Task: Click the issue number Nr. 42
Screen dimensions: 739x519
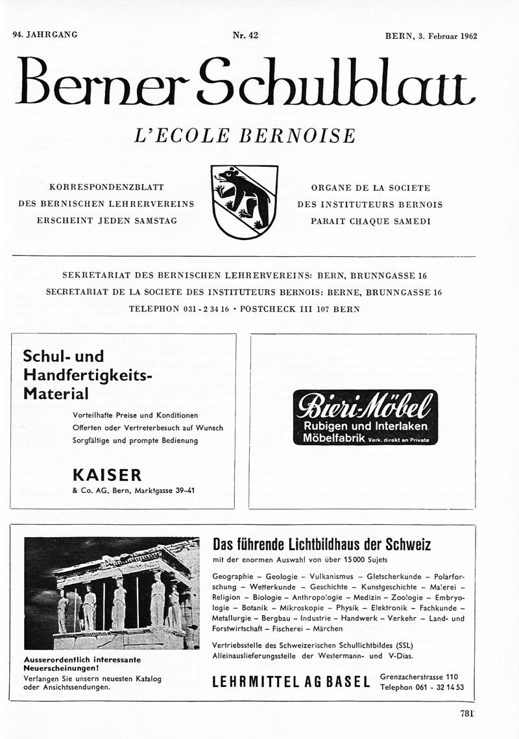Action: [245, 36]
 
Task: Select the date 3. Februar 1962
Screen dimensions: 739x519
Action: [448, 36]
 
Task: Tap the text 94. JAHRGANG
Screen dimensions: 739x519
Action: [45, 35]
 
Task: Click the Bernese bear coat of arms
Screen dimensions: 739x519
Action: [245, 201]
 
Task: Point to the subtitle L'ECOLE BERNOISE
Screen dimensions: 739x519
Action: [245, 136]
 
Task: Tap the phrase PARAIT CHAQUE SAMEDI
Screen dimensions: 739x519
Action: [370, 221]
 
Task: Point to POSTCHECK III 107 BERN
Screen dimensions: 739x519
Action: [300, 309]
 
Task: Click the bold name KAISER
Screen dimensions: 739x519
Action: [107, 475]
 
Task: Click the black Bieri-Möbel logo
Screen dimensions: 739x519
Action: [365, 417]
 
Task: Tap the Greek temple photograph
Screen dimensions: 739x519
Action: [112, 593]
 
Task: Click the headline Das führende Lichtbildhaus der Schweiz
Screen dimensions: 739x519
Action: [322, 544]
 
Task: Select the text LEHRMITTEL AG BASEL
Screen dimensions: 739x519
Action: [291, 682]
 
